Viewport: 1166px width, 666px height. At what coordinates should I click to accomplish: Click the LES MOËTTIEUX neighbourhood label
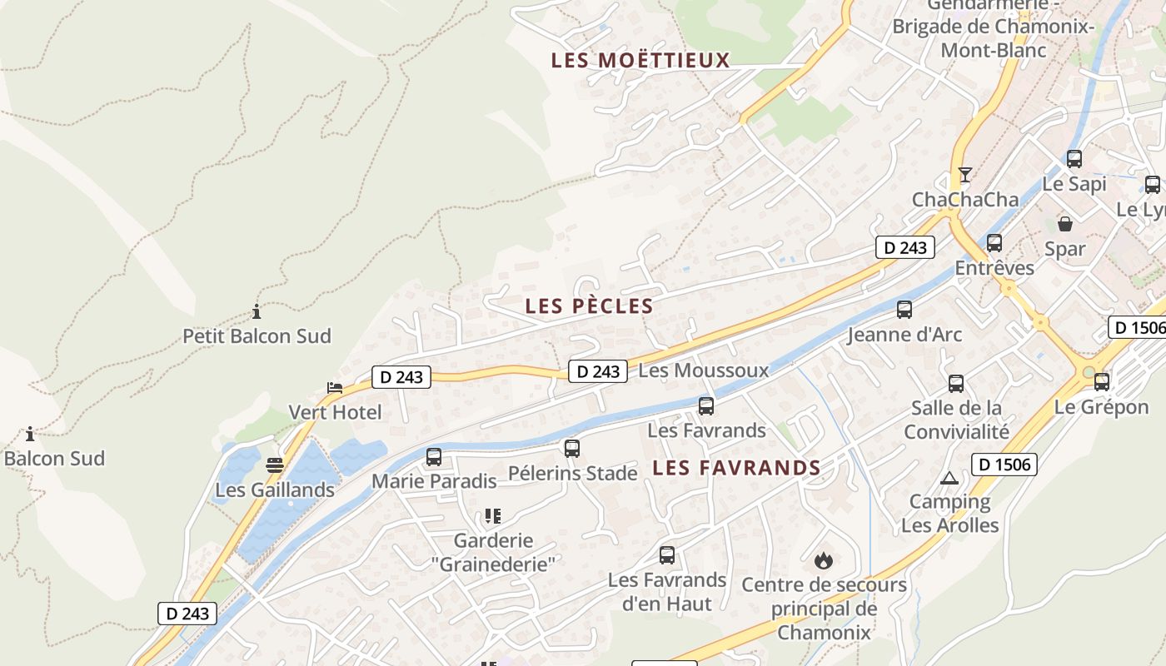640,60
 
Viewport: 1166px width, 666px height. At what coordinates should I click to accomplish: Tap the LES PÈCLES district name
589,306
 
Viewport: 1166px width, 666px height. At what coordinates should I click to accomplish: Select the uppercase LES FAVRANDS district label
736,468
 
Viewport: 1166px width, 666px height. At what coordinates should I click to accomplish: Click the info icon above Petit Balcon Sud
257,312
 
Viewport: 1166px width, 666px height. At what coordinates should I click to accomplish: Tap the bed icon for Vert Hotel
335,388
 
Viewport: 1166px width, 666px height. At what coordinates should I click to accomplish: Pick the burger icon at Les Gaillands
275,465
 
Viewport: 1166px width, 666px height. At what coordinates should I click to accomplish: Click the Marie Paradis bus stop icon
434,457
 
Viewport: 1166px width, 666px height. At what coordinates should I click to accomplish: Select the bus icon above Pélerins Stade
572,449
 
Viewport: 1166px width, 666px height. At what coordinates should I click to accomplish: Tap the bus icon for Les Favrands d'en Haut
667,555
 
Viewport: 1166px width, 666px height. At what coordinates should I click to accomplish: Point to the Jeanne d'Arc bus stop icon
904,310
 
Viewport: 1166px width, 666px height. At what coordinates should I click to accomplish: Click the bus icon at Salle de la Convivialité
956,384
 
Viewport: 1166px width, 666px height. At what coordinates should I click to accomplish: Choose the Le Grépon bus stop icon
1102,382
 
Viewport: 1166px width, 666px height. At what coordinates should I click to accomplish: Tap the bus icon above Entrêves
994,243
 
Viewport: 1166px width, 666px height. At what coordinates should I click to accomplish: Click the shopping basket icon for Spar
1065,223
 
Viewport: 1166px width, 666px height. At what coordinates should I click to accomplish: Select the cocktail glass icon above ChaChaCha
965,175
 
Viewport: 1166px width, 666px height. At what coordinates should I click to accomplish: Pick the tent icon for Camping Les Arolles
949,479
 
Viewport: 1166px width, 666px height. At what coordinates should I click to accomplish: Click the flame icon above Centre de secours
824,560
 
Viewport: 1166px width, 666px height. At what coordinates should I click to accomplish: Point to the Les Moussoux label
703,370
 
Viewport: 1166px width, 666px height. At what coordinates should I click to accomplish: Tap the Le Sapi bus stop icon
1074,159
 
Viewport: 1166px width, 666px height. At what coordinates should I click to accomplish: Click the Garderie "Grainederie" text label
493,552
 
